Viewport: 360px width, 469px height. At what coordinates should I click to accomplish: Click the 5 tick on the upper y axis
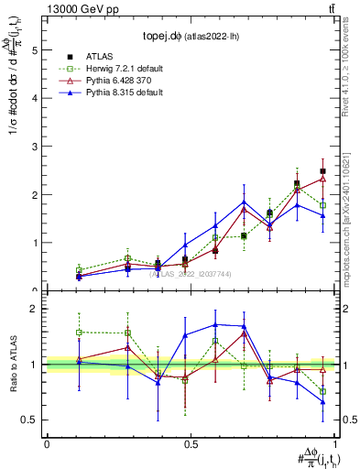coord(36,49)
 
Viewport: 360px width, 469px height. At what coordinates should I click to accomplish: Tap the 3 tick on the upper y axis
coord(36,147)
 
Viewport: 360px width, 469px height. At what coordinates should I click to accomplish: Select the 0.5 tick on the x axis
coord(190,443)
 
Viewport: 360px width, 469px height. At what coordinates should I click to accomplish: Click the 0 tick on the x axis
coord(47,443)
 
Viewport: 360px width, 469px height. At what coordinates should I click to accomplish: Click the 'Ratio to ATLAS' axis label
coord(13,365)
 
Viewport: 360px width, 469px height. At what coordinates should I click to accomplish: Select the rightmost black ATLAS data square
coord(322,171)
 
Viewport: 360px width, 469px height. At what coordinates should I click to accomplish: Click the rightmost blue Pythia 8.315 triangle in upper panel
coord(322,215)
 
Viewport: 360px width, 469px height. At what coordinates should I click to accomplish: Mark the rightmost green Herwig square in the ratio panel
coord(322,391)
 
